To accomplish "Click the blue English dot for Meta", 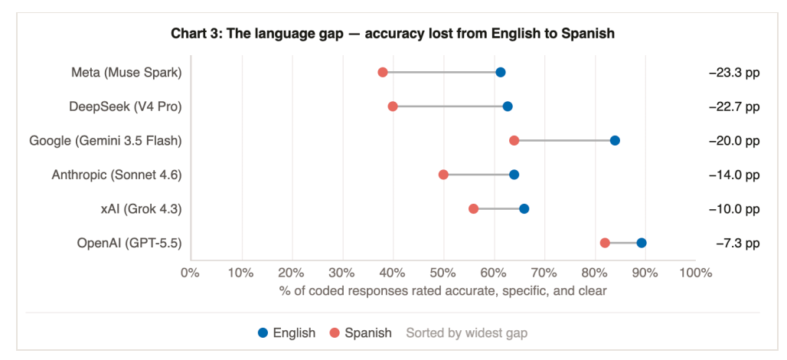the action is (x=500, y=72).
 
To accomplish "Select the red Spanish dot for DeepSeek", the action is (x=393, y=106).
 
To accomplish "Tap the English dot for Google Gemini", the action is (x=615, y=141).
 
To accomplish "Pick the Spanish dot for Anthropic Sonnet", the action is (x=444, y=175).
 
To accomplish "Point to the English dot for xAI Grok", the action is (x=524, y=209).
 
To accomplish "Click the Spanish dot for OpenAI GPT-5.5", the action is (x=605, y=243).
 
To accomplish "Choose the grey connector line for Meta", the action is (x=441, y=72).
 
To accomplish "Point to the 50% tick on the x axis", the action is (x=443, y=273).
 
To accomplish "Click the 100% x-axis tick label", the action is (x=696, y=273).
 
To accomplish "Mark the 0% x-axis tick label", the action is (x=191, y=273).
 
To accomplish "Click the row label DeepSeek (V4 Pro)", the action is (x=125, y=107).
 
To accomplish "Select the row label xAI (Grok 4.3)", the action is (x=141, y=209).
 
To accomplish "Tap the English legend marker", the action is (x=263, y=332).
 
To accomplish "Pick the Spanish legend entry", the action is (x=361, y=332).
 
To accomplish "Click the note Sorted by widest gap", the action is (x=467, y=332).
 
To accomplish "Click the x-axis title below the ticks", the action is (x=443, y=291).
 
